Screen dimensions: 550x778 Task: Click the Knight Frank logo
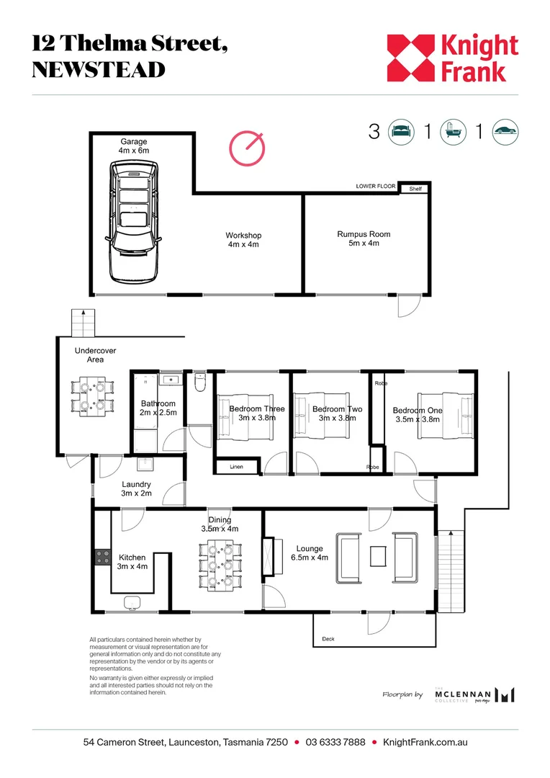tap(452, 58)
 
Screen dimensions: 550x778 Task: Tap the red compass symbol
tap(247, 148)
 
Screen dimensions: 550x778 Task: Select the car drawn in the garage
tap(134, 222)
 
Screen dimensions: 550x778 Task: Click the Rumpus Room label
tap(364, 238)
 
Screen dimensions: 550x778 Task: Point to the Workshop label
tap(243, 240)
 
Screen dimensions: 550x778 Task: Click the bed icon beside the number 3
tap(401, 132)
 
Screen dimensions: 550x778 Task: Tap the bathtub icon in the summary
tap(454, 132)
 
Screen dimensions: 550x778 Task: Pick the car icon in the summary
tap(505, 132)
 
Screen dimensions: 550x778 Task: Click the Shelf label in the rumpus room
tap(415, 189)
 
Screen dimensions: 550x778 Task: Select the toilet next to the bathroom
tap(200, 382)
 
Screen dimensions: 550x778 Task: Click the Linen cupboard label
tap(237, 467)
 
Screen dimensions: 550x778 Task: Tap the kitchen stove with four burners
tap(103, 557)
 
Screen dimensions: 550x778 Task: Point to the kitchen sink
tap(132, 602)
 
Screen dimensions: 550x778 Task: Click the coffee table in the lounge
tap(378, 556)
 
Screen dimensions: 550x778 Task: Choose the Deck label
tap(328, 639)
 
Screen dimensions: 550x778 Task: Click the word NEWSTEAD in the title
tap(99, 70)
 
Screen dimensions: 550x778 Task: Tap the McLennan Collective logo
tap(474, 694)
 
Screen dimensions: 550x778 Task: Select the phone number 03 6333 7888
tap(335, 742)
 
